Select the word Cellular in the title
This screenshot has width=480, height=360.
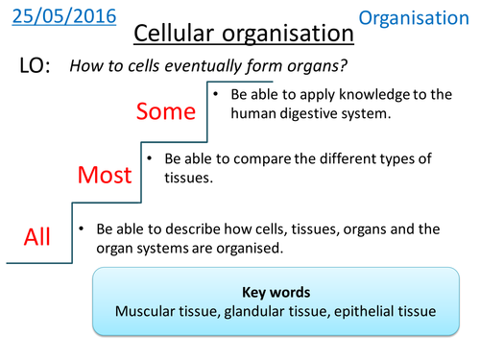click(175, 34)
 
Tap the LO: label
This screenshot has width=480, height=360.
click(39, 66)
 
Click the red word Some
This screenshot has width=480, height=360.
click(165, 112)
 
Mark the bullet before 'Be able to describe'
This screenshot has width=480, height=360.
click(84, 229)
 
